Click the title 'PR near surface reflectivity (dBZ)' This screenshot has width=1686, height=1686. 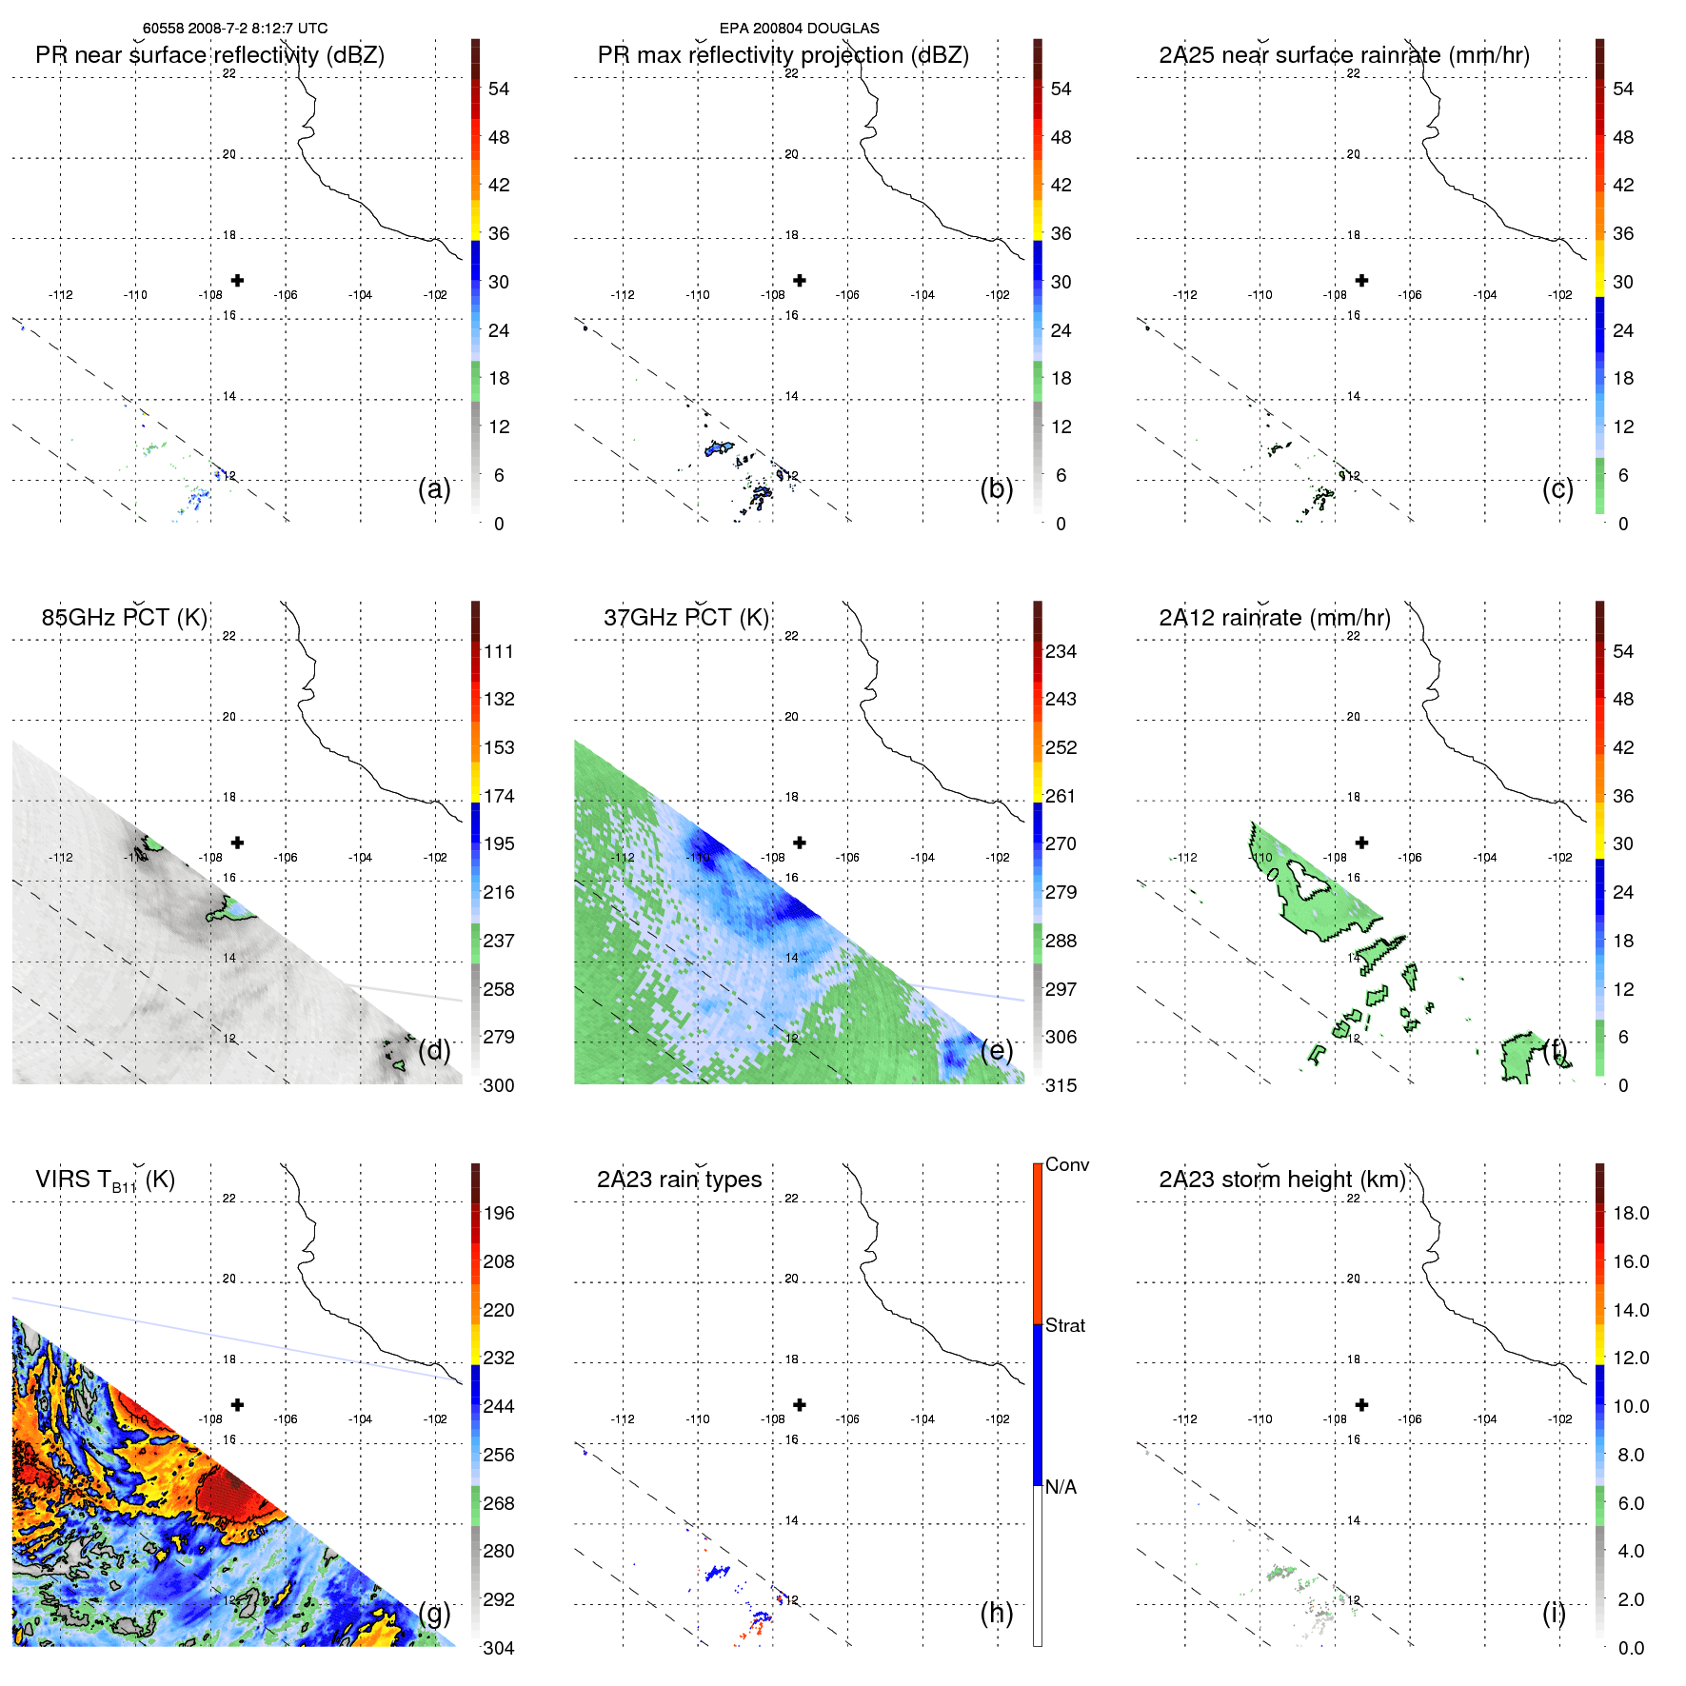[209, 55]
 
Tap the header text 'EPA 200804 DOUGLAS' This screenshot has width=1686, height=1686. [799, 29]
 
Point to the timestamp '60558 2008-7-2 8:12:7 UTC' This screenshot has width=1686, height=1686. [235, 29]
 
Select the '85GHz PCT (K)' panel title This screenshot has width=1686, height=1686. [124, 618]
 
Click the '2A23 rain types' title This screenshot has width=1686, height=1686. [679, 1180]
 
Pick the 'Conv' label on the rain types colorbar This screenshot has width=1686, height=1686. [1067, 1164]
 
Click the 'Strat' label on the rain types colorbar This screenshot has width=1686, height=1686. [1065, 1325]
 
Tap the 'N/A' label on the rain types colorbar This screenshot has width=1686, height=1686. [1061, 1487]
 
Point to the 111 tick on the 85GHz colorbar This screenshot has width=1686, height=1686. [499, 651]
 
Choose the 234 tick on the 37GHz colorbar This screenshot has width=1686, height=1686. [1061, 651]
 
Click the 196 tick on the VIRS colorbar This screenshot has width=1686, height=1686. [499, 1213]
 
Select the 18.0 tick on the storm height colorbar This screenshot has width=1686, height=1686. [1631, 1213]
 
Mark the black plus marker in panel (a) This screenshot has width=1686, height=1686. [237, 280]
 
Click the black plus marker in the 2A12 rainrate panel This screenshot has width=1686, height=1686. [1361, 843]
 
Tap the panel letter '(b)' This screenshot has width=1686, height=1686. [996, 488]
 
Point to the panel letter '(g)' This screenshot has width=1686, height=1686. [434, 1613]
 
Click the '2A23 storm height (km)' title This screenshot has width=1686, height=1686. [1281, 1180]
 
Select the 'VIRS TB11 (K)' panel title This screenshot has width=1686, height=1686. [105, 1180]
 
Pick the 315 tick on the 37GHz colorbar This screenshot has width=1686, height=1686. [1061, 1085]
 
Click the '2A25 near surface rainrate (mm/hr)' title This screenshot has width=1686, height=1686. [1343, 55]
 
